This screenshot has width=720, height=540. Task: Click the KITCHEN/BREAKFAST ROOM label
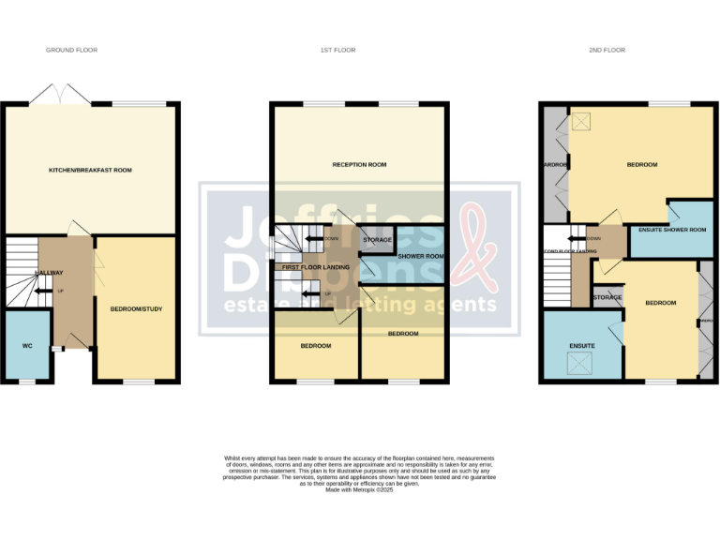[x=91, y=171]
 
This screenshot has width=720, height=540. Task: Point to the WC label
[x=27, y=346]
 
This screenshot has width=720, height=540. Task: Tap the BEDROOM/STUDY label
[x=136, y=308]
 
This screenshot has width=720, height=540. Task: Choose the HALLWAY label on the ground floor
[x=50, y=273]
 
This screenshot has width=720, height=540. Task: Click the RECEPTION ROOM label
[x=359, y=165]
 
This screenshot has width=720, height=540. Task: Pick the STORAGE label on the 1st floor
[x=377, y=241]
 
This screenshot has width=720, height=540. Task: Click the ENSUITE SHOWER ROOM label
[x=671, y=230]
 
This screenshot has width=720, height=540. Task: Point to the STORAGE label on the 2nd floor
[x=607, y=297]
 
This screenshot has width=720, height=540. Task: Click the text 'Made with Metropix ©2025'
[x=360, y=490]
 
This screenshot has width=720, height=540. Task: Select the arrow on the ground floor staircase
[x=40, y=291]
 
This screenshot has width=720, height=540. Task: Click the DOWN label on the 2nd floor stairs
[x=593, y=239]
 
